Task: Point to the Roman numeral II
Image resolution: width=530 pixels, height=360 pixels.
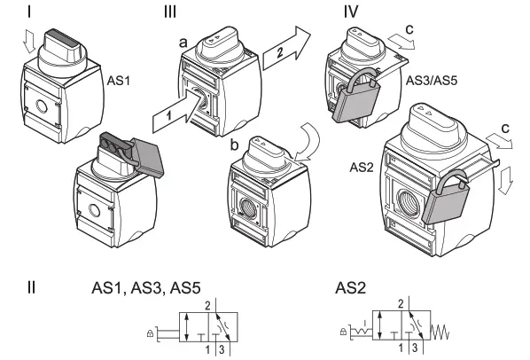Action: pyautogui.click(x=31, y=288)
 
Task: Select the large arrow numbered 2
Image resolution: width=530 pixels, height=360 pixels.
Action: pyautogui.click(x=284, y=51)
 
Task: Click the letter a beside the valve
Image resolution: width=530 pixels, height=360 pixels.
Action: pyautogui.click(x=183, y=42)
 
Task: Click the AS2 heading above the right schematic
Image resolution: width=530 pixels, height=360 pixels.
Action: pyautogui.click(x=352, y=289)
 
